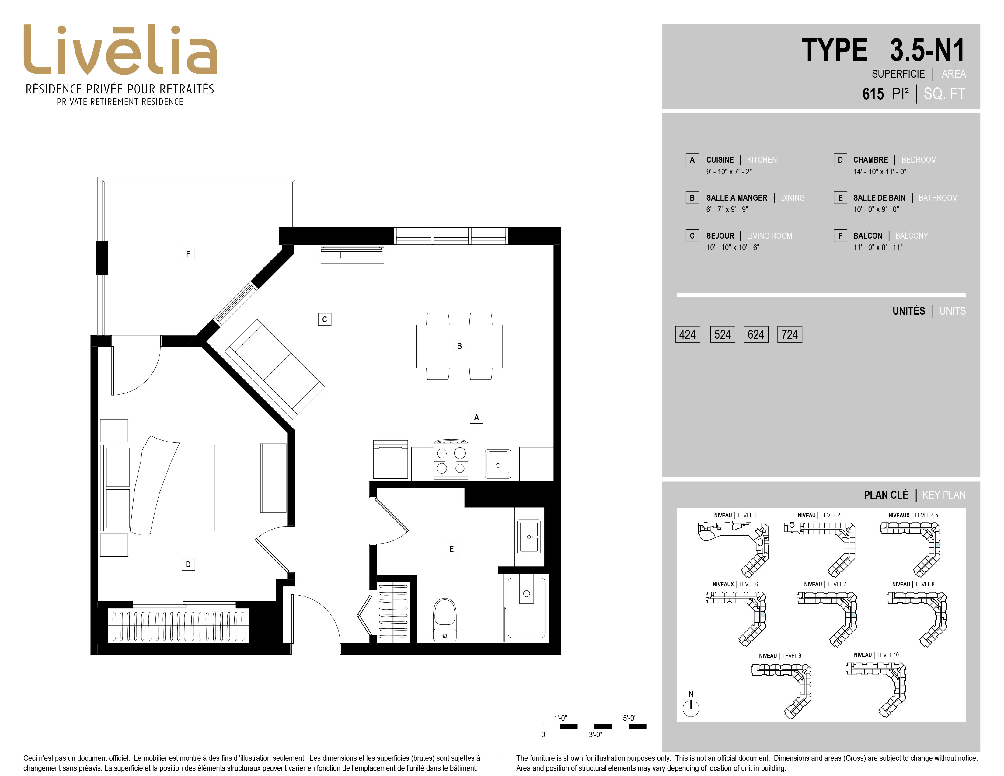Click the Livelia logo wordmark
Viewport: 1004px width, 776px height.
point(120,50)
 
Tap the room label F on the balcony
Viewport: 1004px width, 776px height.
point(188,254)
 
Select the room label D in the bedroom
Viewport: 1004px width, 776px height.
point(188,565)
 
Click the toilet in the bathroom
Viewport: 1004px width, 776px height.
point(444,619)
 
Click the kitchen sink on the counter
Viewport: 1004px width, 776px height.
point(498,463)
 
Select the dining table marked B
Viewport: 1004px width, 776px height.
point(459,346)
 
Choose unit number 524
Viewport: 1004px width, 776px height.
point(723,334)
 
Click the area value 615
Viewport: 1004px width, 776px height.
point(873,94)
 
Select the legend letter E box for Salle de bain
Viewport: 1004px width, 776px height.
point(840,198)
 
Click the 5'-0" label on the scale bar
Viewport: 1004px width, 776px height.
point(630,718)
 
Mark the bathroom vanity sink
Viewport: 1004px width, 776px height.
point(529,537)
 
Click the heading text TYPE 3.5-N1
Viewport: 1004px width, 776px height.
point(883,50)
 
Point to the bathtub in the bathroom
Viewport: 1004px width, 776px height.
point(526,608)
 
